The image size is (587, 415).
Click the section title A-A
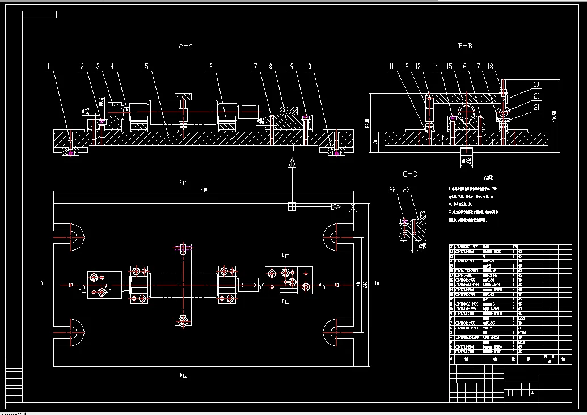click(x=186, y=45)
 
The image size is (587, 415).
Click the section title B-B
click(x=464, y=45)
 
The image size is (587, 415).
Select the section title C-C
click(x=409, y=174)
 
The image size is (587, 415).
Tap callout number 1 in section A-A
click(x=49, y=67)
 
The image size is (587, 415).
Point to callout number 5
click(x=146, y=67)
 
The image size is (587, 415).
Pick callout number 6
click(x=211, y=67)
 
